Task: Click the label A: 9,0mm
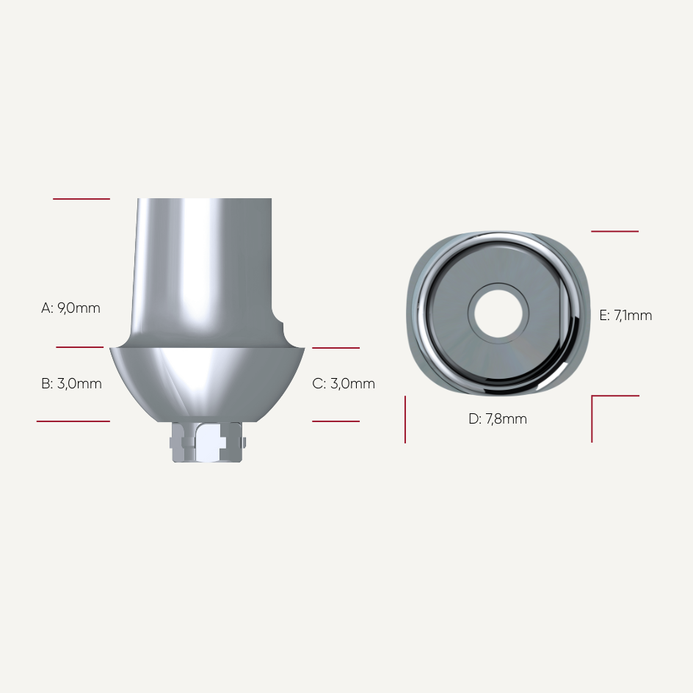point(70,308)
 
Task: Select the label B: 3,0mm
point(71,383)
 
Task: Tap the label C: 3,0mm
point(344,383)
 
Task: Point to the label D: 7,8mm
point(498,418)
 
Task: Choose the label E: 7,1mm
point(625,315)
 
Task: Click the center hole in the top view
point(498,313)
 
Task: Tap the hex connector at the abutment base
point(207,443)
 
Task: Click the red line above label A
point(81,199)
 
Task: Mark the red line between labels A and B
point(79,347)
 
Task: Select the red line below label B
point(73,421)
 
